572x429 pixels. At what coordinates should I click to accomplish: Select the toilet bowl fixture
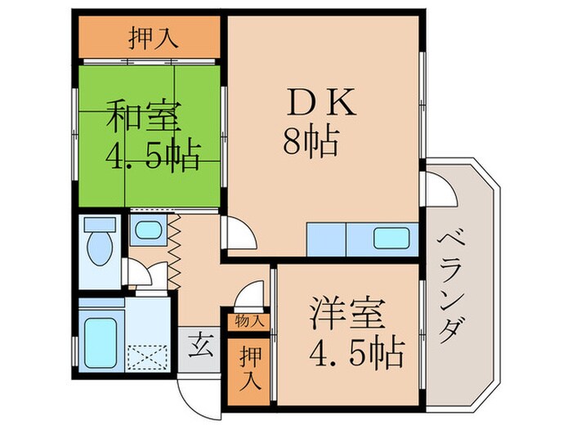coord(101,244)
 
